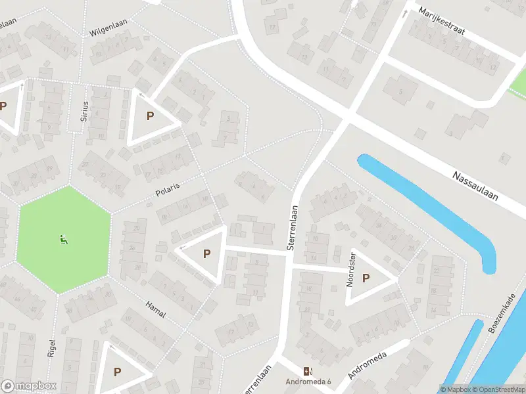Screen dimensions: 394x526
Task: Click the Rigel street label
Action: click(52, 346)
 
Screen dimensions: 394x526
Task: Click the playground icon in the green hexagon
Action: click(64, 240)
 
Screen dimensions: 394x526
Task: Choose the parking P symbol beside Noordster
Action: click(366, 278)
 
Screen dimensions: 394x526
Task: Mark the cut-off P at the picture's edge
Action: click(3, 106)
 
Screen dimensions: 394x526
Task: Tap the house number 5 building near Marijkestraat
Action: click(400, 91)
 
